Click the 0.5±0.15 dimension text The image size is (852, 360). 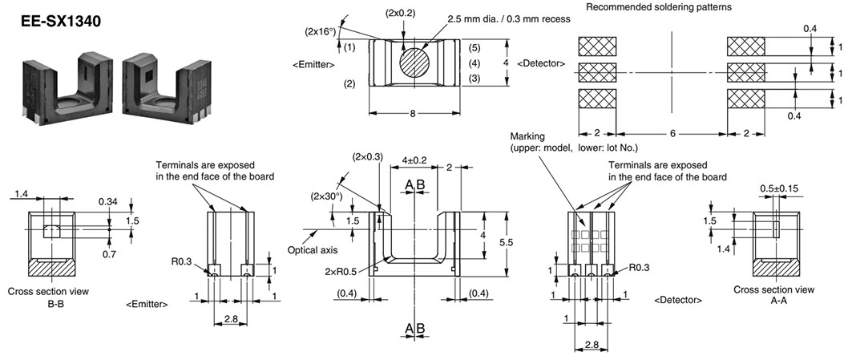(779, 189)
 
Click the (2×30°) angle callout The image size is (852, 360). (326, 196)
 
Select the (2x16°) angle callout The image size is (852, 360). (320, 31)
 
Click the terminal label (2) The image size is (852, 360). (349, 83)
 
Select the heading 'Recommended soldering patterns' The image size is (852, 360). (653, 7)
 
